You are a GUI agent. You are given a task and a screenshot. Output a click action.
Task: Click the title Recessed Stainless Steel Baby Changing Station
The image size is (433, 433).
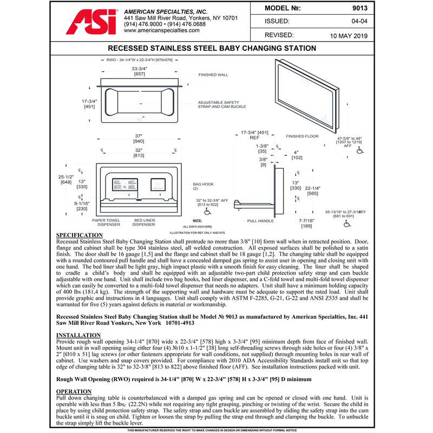click(x=216, y=48)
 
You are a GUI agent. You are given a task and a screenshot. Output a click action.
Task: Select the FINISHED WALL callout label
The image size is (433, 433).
click(x=213, y=75)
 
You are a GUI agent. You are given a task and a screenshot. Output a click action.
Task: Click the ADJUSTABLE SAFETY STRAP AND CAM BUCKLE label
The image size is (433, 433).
click(x=222, y=104)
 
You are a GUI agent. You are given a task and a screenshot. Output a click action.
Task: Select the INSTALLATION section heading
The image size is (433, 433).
click(x=78, y=336)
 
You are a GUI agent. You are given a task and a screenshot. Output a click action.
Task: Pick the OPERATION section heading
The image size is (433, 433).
click(x=75, y=391)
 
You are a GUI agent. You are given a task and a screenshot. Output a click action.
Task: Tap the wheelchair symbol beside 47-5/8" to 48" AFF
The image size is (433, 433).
click(x=360, y=152)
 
